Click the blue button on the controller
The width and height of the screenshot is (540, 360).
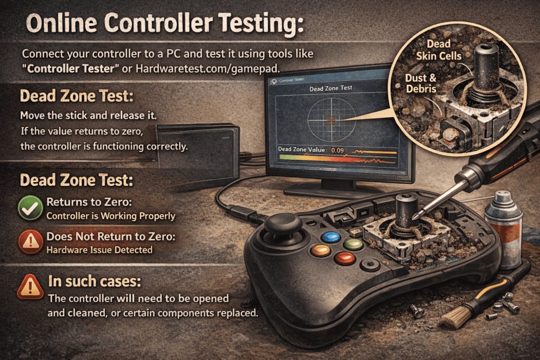tap(331, 237)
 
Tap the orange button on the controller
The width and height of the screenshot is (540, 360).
tap(320, 250)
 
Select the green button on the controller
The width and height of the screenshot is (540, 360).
tap(353, 244)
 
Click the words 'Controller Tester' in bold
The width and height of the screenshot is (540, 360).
tap(62, 68)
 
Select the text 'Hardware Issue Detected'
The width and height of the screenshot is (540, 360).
tap(100, 250)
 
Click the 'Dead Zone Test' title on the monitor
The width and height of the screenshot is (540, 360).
tap(332, 87)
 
